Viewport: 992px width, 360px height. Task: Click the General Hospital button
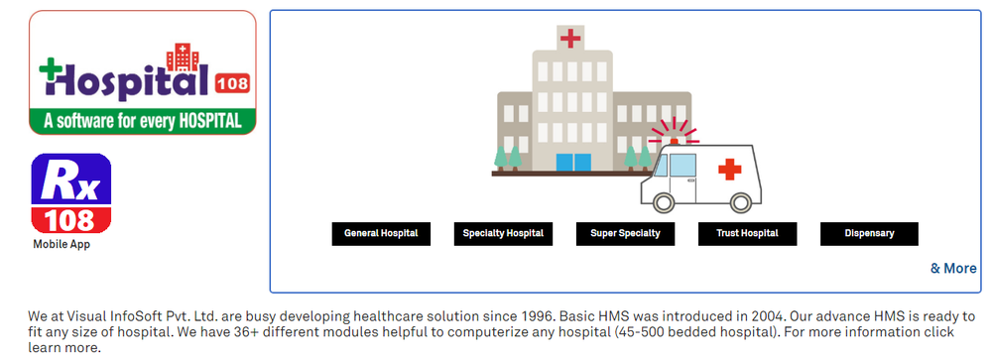point(381,234)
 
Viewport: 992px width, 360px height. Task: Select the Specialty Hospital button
point(503,234)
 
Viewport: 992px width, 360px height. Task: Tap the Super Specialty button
point(625,234)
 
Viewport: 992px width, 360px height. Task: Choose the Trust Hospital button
point(747,234)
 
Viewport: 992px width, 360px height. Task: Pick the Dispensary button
point(869,234)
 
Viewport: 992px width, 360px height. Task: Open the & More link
point(952,268)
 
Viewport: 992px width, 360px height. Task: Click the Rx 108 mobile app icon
point(70,193)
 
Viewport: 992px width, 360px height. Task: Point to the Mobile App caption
point(62,244)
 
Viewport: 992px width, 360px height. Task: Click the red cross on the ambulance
point(730,169)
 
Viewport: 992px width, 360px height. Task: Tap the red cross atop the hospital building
point(570,39)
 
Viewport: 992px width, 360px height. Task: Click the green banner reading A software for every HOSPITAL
point(142,122)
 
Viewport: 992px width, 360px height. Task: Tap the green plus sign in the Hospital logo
point(51,69)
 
